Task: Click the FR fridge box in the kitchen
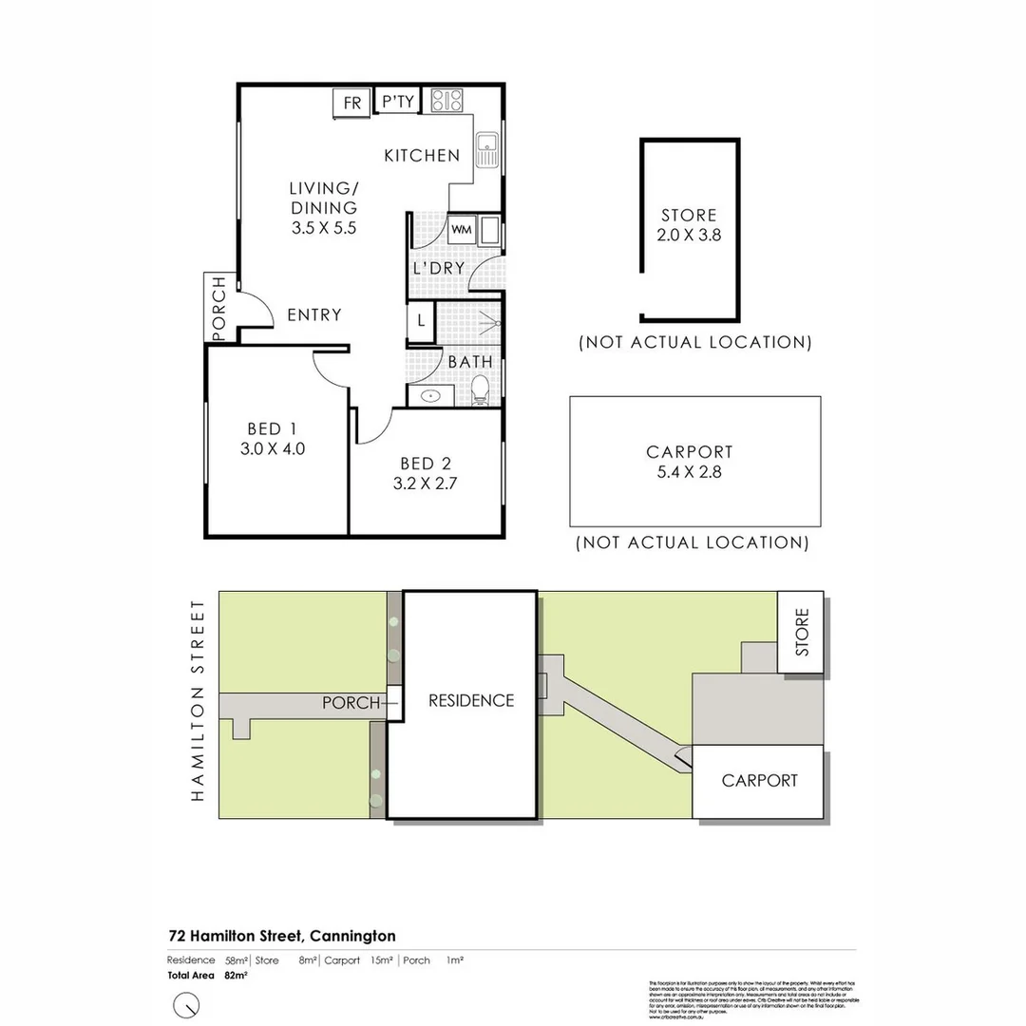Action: (351, 103)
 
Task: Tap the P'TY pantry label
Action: (397, 102)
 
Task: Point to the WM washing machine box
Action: (461, 229)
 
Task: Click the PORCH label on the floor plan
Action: (219, 308)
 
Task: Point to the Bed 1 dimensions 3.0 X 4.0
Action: (273, 449)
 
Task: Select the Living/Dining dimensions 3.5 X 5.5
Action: (323, 228)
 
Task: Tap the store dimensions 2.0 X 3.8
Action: (689, 235)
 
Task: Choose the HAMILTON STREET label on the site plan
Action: (199, 700)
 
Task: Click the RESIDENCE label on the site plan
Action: (471, 701)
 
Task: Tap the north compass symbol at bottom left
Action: (186, 1003)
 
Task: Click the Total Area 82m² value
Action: (236, 975)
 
